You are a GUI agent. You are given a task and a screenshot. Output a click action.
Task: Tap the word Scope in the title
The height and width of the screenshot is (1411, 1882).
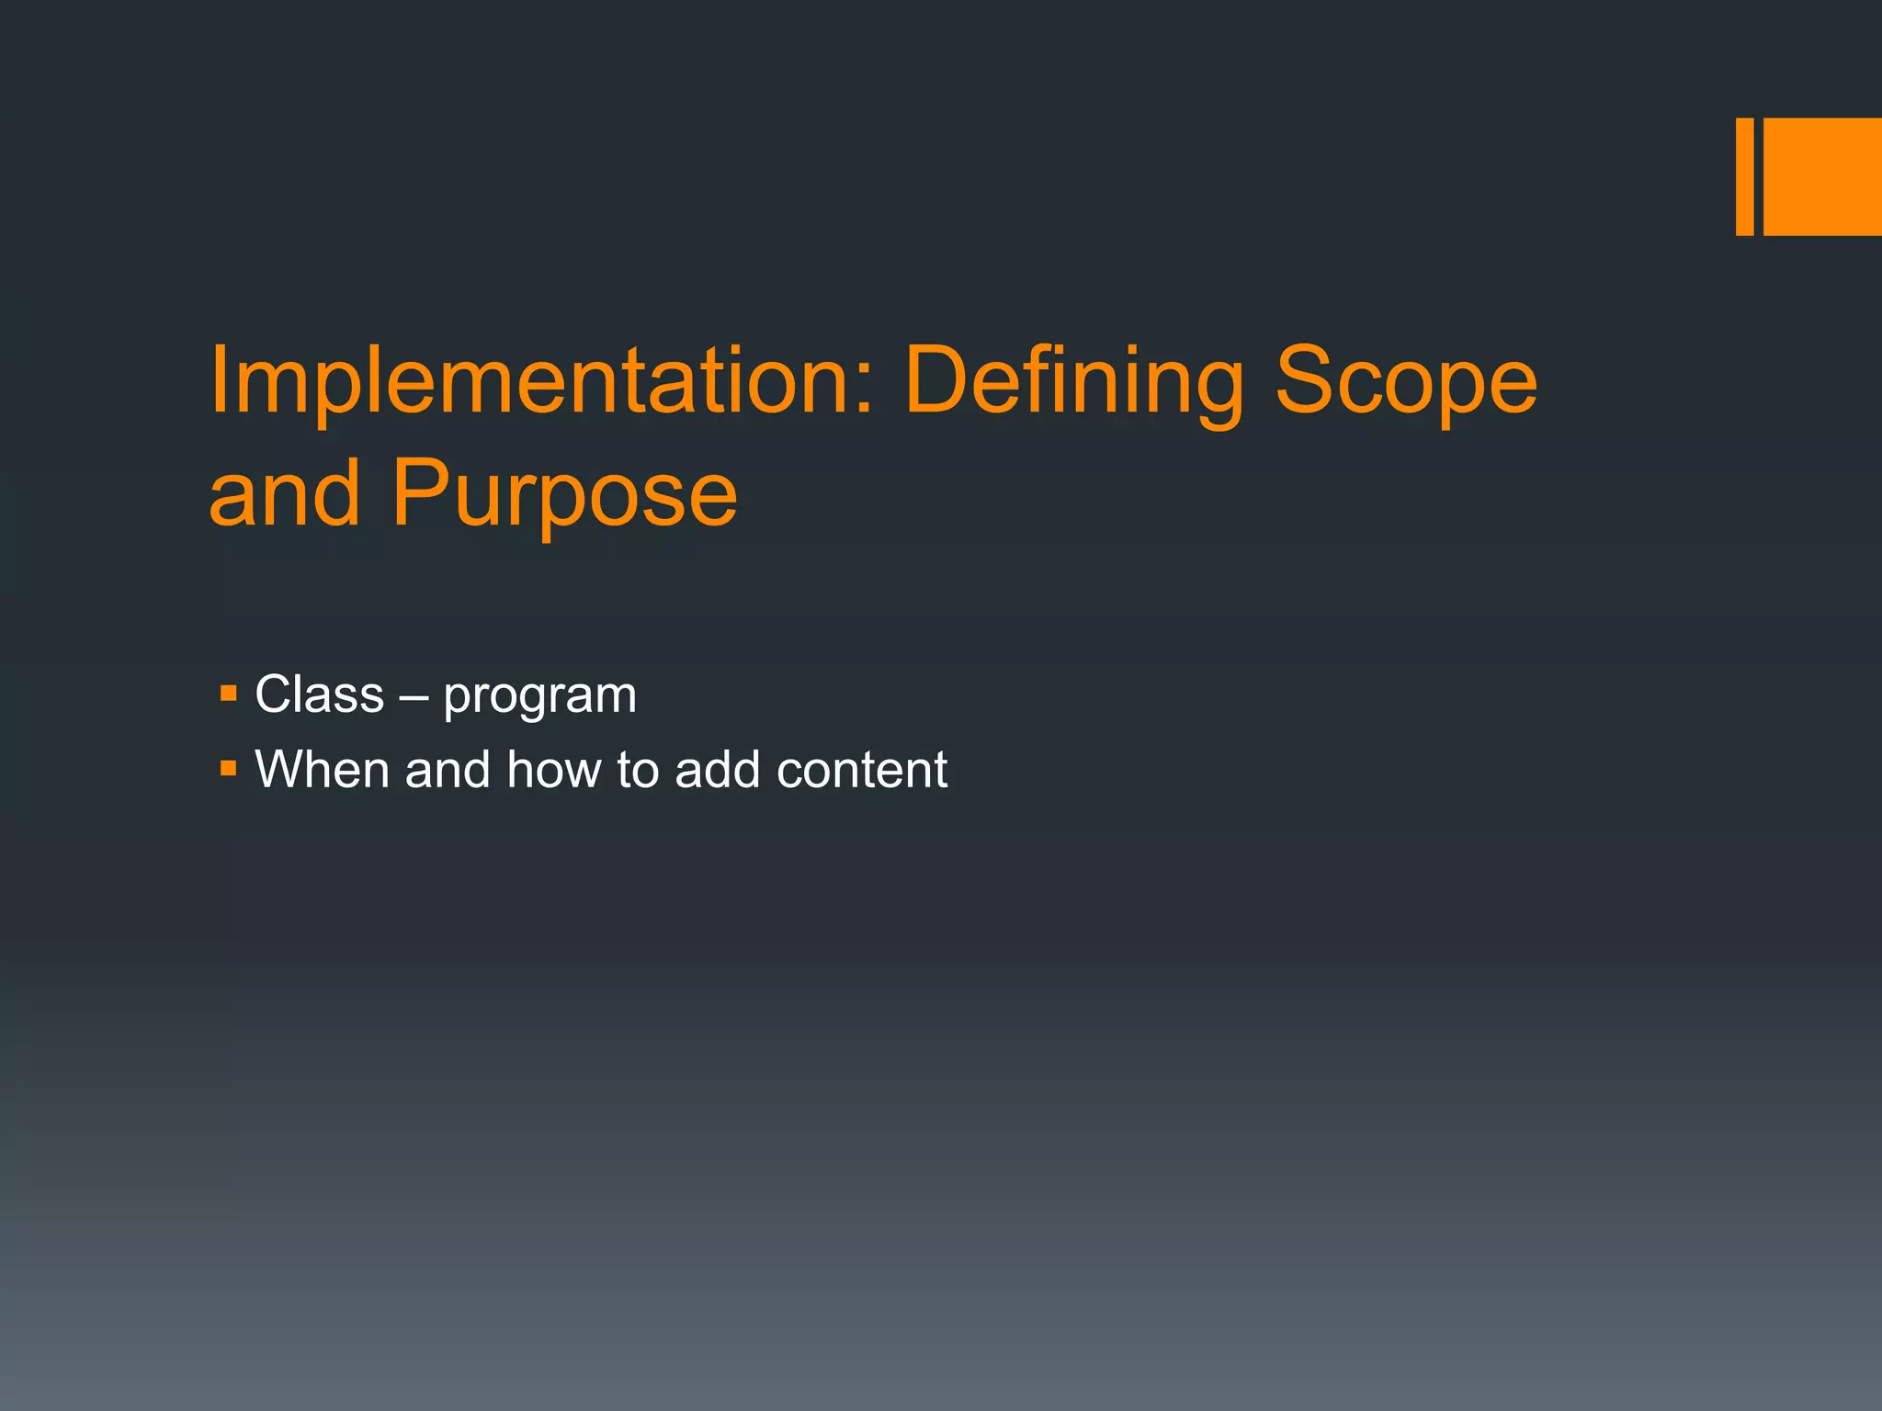(x=1405, y=381)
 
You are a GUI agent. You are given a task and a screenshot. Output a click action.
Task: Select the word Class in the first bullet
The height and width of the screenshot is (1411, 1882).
(x=319, y=694)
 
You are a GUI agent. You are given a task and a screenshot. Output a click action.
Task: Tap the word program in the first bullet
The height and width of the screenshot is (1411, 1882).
(x=540, y=696)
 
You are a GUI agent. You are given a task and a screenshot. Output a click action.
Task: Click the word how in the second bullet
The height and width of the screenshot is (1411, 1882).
(x=553, y=769)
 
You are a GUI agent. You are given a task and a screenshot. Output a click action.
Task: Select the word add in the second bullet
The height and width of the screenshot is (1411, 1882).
(x=717, y=769)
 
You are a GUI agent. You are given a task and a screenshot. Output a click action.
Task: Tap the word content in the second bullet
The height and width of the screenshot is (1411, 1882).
(x=861, y=770)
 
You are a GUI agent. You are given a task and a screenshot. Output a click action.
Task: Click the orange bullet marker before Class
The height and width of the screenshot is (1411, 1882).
(x=229, y=692)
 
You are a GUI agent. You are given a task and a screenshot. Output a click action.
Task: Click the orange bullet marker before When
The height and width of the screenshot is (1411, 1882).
(x=229, y=766)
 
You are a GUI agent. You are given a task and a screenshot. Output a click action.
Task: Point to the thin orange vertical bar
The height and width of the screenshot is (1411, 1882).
(x=1744, y=176)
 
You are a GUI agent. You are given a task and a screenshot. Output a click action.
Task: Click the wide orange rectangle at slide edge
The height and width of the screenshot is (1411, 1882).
(x=1822, y=176)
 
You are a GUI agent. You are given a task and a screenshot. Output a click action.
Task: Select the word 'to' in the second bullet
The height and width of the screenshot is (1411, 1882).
(x=638, y=770)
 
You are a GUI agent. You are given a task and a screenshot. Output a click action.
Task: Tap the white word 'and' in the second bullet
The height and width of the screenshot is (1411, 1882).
(x=447, y=769)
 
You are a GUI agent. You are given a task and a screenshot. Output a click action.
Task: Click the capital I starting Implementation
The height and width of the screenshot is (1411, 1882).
(x=217, y=379)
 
